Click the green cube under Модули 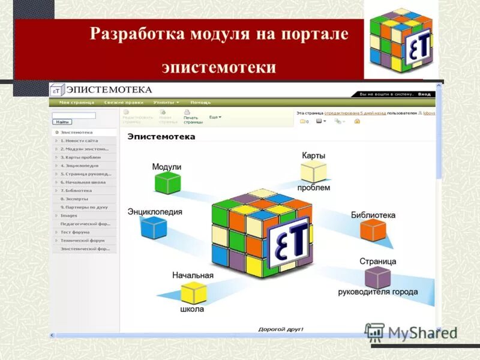pos(167,182)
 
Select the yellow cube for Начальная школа pos(194,293)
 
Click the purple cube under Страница pos(377,277)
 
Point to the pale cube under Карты pos(313,172)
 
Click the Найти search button pos(60,122)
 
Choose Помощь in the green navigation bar pos(200,103)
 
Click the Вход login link pos(424,94)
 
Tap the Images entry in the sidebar pos(68,215)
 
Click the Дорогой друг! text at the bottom pos(281,329)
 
